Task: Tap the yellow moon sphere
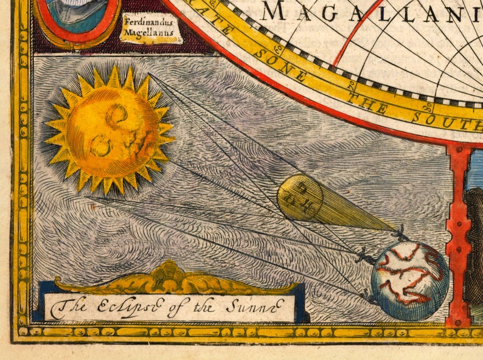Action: click(x=299, y=197)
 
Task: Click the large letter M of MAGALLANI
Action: click(x=274, y=11)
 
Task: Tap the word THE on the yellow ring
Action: click(x=370, y=103)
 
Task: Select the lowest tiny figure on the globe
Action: click(x=367, y=297)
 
